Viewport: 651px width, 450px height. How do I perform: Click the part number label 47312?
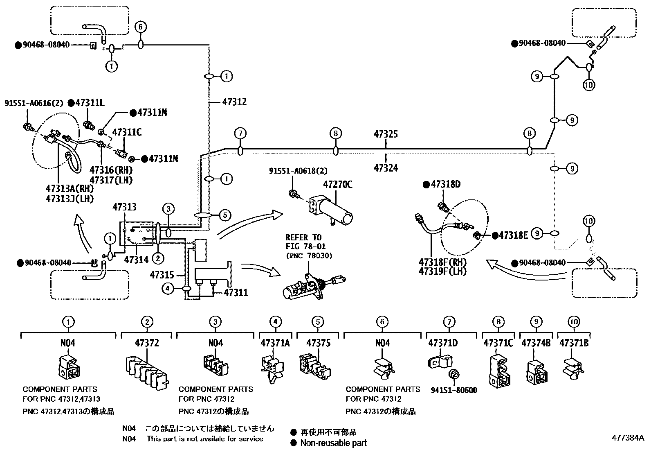234,102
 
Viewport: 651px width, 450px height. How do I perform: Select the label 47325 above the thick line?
385,134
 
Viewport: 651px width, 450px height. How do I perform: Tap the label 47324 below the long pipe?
385,168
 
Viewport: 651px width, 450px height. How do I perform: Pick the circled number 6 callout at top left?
140,27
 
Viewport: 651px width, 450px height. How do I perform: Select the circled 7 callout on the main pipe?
240,133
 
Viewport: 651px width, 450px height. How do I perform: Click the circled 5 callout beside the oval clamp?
225,215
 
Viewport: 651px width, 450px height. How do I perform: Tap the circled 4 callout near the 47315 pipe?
168,289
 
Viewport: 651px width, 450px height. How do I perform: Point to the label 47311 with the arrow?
236,293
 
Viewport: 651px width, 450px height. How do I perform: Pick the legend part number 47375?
318,343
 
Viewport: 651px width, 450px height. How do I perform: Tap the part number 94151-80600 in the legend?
453,390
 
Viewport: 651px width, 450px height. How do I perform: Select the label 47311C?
127,132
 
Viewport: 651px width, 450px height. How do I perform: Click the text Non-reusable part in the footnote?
333,443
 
